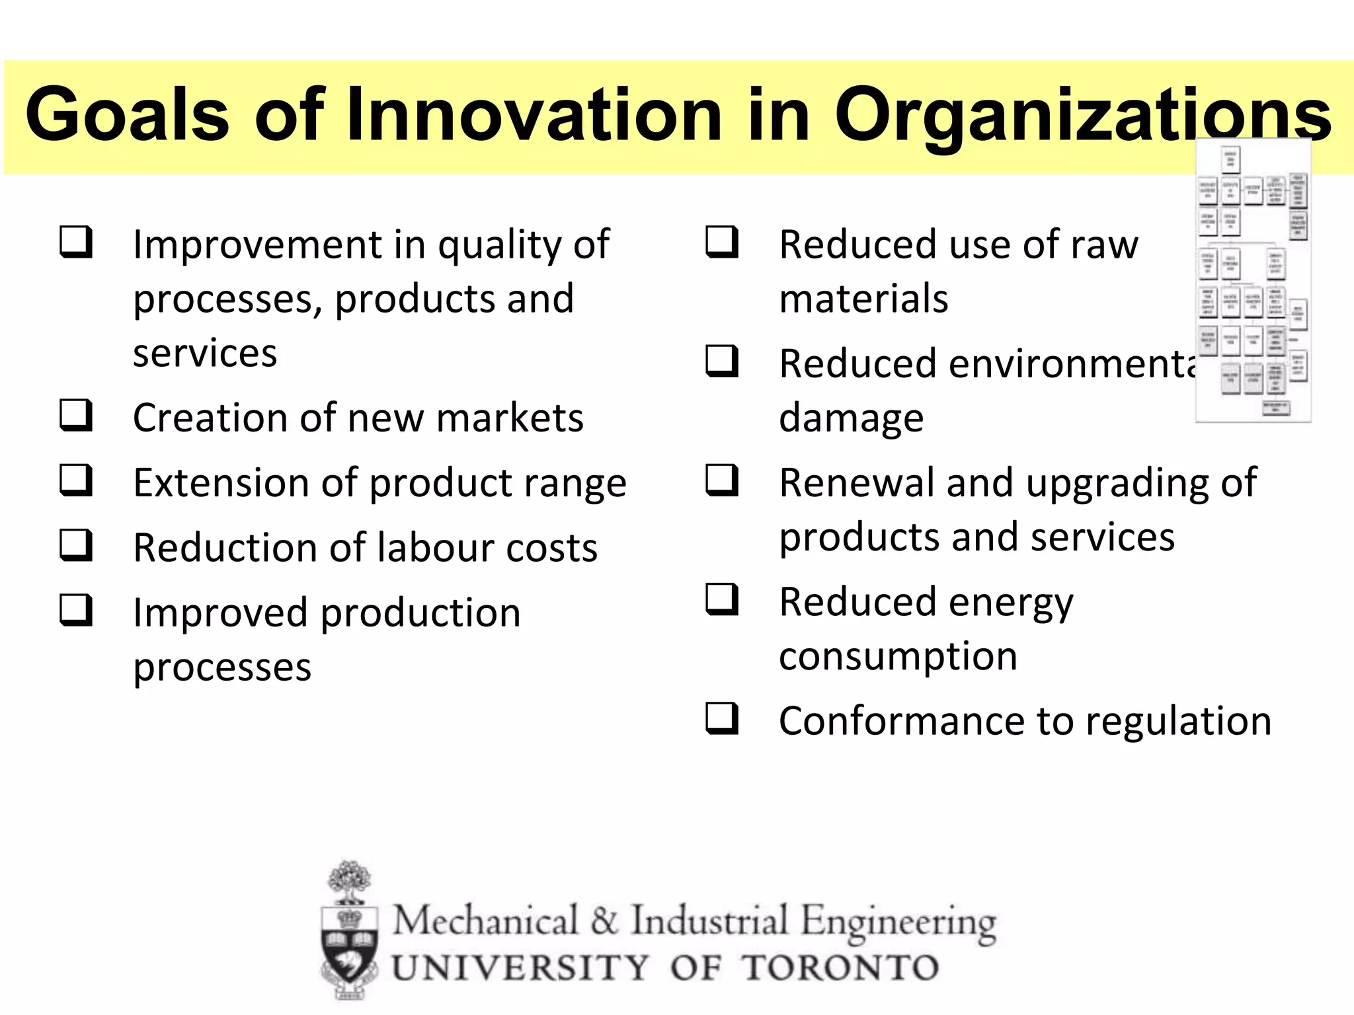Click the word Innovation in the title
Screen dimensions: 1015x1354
coord(534,116)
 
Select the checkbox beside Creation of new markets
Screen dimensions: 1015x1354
coord(75,416)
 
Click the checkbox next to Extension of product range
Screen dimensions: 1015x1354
coord(75,480)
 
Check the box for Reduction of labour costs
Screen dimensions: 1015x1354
coord(75,545)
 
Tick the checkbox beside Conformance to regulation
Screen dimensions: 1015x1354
coord(721,718)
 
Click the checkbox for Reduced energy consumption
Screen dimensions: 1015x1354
coord(721,599)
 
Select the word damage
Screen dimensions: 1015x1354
coord(851,418)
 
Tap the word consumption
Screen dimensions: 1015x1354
coord(898,657)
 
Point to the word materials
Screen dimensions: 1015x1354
coord(863,299)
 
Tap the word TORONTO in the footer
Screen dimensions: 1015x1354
coord(840,968)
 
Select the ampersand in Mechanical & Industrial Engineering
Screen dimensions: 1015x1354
coord(603,921)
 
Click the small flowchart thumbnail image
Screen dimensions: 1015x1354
coord(1253,281)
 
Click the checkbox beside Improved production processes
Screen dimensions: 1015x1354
coord(75,610)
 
